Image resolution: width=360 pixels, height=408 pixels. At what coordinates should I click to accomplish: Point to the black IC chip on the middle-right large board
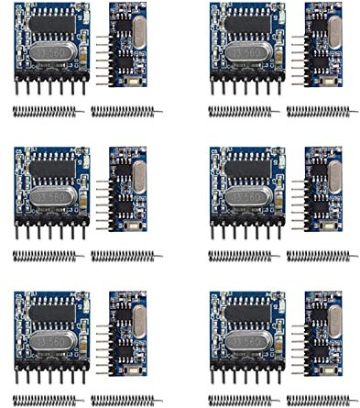[246, 166]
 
